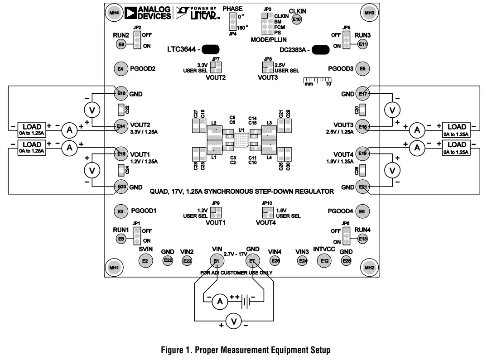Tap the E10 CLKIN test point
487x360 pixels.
[296, 19]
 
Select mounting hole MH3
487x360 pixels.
[369, 13]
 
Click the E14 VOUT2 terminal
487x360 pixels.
[121, 126]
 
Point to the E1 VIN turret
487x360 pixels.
[217, 261]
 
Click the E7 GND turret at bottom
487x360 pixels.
[252, 261]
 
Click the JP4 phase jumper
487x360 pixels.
[232, 21]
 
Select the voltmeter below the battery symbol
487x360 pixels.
[234, 322]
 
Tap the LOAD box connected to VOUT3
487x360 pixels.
[457, 129]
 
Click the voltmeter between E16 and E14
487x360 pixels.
[92, 110]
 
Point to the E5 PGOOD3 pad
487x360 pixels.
[362, 69]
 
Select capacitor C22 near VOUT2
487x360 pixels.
[121, 109]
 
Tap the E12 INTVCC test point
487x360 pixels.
[324, 261]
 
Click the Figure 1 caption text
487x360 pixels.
[246, 350]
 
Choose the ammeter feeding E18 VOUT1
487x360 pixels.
[69, 147]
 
